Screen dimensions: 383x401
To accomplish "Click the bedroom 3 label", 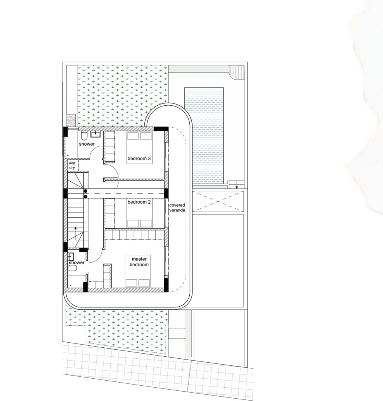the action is click(139, 159).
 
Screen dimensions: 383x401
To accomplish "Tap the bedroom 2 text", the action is click(139, 202).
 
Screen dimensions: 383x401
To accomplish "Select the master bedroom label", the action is click(139, 262).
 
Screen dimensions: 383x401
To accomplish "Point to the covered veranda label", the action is click(177, 208).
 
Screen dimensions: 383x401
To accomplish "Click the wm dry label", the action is click(72, 166).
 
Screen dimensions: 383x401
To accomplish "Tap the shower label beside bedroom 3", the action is click(87, 144).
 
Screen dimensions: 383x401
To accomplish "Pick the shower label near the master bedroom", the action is click(76, 263).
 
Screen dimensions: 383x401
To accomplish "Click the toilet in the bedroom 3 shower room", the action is click(84, 135).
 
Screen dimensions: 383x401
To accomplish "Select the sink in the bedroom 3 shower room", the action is click(96, 134).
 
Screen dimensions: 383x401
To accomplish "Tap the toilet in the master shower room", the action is click(72, 268).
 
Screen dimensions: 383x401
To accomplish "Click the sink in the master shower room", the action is click(71, 256).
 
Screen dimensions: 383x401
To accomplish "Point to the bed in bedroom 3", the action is click(140, 148).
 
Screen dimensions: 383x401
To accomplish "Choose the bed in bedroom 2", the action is click(140, 213).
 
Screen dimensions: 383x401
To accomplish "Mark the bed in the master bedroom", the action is click(137, 271).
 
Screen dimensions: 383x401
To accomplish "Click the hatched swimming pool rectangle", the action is click(204, 135).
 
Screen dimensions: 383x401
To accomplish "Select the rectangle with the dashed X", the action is click(218, 202).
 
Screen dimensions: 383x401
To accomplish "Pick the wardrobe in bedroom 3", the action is click(110, 146).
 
